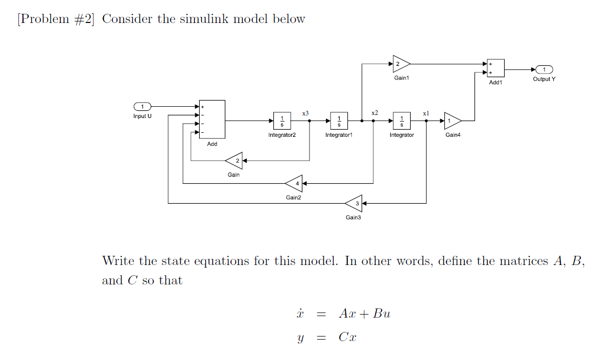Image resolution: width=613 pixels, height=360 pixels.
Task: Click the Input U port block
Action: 142,106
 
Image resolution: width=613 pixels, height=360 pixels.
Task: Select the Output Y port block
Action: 544,69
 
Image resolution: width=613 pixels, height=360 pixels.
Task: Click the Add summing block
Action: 212,119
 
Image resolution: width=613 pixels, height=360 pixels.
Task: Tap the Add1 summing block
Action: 496,68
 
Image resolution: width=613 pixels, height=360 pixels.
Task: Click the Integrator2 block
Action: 282,121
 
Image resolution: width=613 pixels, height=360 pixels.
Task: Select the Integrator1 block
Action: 339,121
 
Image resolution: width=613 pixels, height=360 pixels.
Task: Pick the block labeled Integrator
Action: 402,121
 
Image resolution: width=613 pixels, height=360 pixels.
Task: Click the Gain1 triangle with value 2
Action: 400,64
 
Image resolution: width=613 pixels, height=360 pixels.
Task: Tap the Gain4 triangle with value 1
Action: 452,121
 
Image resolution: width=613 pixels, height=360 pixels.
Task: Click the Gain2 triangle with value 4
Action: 294,183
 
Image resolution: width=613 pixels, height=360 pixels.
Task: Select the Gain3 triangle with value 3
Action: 355,203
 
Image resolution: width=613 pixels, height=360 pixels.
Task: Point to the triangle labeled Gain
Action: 234,161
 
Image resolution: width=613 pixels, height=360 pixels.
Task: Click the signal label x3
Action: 305,112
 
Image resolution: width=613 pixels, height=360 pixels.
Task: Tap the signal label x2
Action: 375,112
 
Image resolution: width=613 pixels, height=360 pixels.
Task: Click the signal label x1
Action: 427,112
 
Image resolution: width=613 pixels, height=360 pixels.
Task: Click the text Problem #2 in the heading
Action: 56,19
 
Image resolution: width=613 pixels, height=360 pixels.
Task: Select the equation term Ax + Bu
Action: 364,314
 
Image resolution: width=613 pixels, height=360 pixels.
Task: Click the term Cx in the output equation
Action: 347,337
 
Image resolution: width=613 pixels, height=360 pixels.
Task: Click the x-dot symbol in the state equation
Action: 300,313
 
